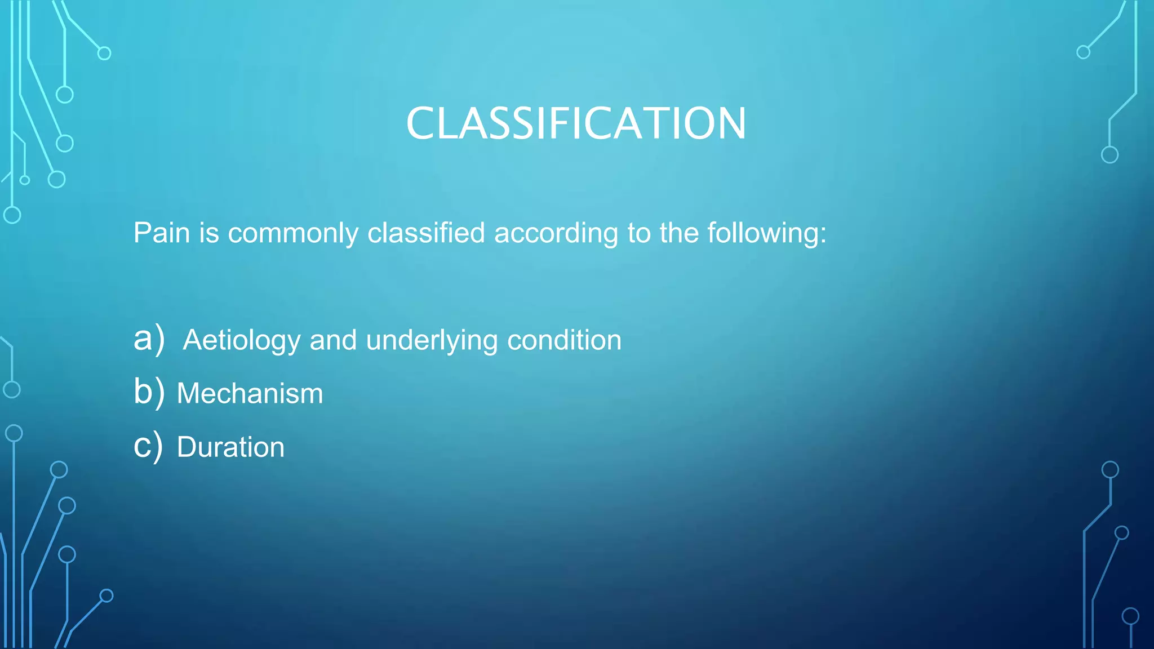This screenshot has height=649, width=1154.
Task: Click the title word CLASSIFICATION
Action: (x=576, y=123)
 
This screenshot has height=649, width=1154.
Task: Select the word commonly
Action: (x=292, y=234)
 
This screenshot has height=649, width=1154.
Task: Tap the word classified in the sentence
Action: (x=426, y=233)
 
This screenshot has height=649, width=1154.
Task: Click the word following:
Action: (x=767, y=234)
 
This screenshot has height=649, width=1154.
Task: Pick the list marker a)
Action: (x=149, y=339)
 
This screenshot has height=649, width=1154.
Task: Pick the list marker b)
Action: (x=149, y=392)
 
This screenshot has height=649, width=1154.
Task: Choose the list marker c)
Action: (x=148, y=446)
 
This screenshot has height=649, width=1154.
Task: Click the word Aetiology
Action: (x=242, y=341)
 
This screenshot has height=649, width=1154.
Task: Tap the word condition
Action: (x=564, y=340)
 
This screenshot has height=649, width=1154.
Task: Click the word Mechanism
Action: (x=250, y=393)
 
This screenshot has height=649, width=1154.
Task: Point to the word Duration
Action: (x=230, y=447)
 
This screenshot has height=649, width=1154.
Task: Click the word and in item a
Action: (x=333, y=340)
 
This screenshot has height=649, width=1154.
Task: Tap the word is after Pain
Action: (x=208, y=233)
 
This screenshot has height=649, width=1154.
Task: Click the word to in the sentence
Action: (x=639, y=233)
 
